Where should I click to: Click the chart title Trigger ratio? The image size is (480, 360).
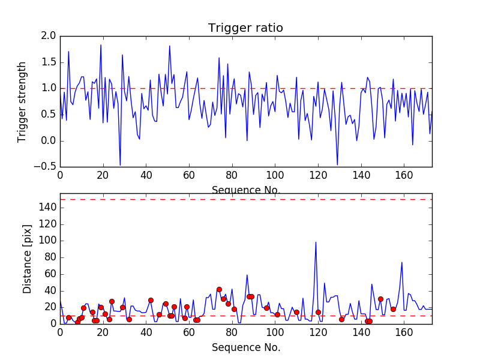pyautogui.click(x=245, y=28)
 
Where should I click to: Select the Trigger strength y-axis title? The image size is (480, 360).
pyautogui.click(x=22, y=101)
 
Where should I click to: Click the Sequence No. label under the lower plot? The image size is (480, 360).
pyautogui.click(x=245, y=347)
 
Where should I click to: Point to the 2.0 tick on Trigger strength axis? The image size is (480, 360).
pyautogui.click(x=50, y=36)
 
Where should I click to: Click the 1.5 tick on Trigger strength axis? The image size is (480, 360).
pyautogui.click(x=50, y=62)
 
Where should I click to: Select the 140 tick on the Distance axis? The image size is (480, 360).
pyautogui.click(x=48, y=208)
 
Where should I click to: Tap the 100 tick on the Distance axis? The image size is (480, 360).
pyautogui.click(x=48, y=241)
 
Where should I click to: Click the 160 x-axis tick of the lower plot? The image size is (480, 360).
pyautogui.click(x=404, y=332)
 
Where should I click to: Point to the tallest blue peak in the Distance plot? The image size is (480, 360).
pyautogui.click(x=316, y=242)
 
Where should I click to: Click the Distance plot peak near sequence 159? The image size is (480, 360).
pyautogui.click(x=402, y=262)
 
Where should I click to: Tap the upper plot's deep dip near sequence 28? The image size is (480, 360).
pyautogui.click(x=120, y=165)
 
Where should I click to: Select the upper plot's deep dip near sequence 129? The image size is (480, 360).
pyautogui.click(x=337, y=164)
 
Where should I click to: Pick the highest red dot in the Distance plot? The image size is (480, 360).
pyautogui.click(x=219, y=289)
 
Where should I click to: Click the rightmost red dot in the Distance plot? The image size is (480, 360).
pyautogui.click(x=393, y=309)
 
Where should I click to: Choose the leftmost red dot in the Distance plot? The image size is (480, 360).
pyautogui.click(x=68, y=317)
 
